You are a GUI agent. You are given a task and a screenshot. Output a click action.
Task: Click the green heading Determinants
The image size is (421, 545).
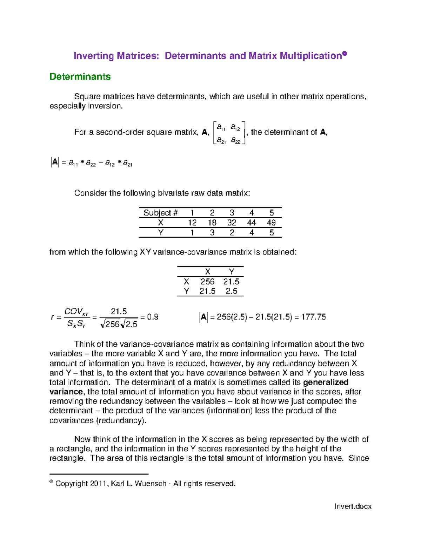[x=80, y=77]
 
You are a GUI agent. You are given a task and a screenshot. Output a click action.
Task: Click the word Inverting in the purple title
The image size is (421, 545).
[x=94, y=56]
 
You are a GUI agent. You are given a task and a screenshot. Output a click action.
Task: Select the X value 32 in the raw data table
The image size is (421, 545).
[x=232, y=222]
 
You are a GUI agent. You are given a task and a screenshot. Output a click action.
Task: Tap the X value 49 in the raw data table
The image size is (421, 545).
[x=271, y=222]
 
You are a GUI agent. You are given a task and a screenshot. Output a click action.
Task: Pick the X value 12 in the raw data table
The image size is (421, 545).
[x=192, y=222]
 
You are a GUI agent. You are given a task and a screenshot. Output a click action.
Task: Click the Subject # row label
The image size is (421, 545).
[x=161, y=213]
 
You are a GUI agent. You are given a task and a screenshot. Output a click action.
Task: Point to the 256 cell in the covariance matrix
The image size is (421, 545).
[x=207, y=281]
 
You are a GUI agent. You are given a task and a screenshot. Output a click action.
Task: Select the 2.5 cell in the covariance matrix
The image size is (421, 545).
[x=231, y=291]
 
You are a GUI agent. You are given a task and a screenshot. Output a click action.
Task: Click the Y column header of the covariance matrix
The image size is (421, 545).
[x=231, y=272]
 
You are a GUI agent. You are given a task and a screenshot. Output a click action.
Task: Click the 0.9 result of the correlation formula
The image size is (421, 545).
[x=153, y=317]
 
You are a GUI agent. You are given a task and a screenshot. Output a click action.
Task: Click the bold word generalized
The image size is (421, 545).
[x=326, y=382]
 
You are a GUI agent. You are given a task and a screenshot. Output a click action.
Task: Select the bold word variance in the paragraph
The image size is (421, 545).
[x=66, y=392]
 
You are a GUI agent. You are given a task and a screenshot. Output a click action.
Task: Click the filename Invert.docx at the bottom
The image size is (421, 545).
[x=353, y=506]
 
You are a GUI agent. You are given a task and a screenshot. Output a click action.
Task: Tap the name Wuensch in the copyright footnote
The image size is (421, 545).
[x=151, y=484]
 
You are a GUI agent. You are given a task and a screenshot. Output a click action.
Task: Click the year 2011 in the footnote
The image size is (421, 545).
[x=98, y=484]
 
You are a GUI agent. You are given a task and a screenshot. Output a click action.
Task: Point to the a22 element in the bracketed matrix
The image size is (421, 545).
[x=235, y=140]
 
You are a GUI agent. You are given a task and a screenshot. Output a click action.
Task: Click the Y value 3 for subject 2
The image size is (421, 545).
[x=212, y=232]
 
